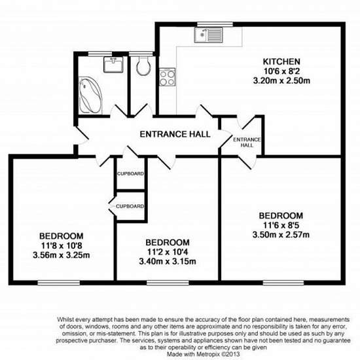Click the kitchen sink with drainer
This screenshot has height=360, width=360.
point(209,35)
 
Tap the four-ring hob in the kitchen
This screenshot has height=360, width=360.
point(167,77)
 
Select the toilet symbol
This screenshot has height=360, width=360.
point(143,66)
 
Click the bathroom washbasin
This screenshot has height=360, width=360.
point(113,65)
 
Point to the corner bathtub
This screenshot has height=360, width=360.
point(90,96)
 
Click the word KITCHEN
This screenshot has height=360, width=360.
point(281,62)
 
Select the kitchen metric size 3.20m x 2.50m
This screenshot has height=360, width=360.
point(281,81)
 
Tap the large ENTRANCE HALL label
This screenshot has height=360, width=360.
point(175,134)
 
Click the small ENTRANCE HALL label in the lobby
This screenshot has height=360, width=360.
point(247,142)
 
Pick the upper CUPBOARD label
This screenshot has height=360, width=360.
point(131,173)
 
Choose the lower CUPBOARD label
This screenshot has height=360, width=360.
point(130,206)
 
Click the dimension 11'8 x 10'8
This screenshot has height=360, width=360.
point(62,246)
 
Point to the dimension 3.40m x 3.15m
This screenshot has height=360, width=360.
point(168,262)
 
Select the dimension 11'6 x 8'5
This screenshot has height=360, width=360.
point(281,225)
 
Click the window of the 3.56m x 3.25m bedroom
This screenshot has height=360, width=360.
point(59,283)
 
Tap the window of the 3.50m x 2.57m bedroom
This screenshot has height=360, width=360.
point(283,283)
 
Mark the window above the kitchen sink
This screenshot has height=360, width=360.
point(215,24)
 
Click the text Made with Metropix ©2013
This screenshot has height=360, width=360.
point(204,354)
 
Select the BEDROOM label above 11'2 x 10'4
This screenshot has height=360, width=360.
point(168,242)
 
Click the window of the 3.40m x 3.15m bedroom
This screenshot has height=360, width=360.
point(168,283)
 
